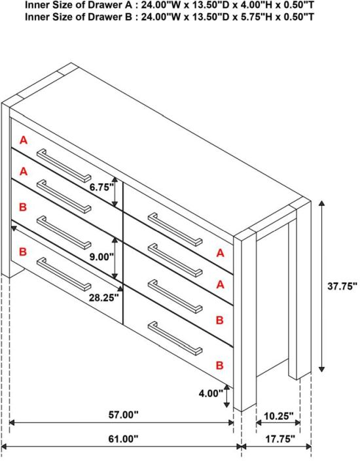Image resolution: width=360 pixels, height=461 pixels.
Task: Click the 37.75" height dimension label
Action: (342, 286)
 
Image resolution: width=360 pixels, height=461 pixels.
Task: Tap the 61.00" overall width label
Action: (123, 439)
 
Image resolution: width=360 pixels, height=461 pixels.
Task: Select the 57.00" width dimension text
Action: (123, 415)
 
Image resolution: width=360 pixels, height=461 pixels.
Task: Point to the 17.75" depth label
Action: (280, 439)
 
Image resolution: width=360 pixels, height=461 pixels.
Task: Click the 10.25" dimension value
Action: (278, 416)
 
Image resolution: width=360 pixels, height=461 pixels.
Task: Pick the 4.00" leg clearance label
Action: (211, 393)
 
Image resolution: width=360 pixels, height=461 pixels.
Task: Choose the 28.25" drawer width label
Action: (103, 298)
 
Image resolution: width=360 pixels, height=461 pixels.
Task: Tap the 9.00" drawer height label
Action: (101, 257)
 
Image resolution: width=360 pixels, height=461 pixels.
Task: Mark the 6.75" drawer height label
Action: (101, 187)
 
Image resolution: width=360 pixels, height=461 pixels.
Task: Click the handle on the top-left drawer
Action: (64, 165)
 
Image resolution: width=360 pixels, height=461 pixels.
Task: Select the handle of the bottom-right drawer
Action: (175, 339)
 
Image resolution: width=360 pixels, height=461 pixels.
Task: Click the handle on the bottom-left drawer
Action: (64, 274)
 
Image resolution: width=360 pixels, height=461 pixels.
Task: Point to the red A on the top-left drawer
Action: (24, 140)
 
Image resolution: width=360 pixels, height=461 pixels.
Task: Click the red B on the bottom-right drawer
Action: (219, 365)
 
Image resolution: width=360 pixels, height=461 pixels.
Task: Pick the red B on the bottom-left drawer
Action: (23, 252)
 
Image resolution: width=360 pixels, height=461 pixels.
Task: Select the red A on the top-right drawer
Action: (220, 253)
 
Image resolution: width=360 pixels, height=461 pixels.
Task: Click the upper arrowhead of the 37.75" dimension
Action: (322, 203)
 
